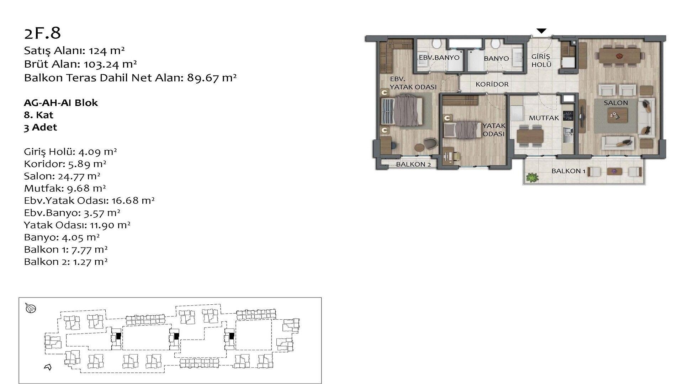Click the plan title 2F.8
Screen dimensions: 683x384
click(42, 33)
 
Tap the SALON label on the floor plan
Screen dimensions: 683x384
click(616, 103)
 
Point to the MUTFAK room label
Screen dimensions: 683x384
click(544, 118)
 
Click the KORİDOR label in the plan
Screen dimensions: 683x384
click(492, 84)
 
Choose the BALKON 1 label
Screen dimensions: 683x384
click(568, 171)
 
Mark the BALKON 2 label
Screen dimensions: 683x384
click(413, 164)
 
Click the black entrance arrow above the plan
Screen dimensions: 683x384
click(541, 31)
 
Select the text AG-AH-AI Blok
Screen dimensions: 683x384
click(61, 103)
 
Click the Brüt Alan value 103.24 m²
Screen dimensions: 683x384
click(110, 64)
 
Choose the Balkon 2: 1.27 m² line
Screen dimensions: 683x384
click(66, 262)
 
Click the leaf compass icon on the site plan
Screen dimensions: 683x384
click(31, 308)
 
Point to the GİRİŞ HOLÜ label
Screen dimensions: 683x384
click(541, 60)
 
